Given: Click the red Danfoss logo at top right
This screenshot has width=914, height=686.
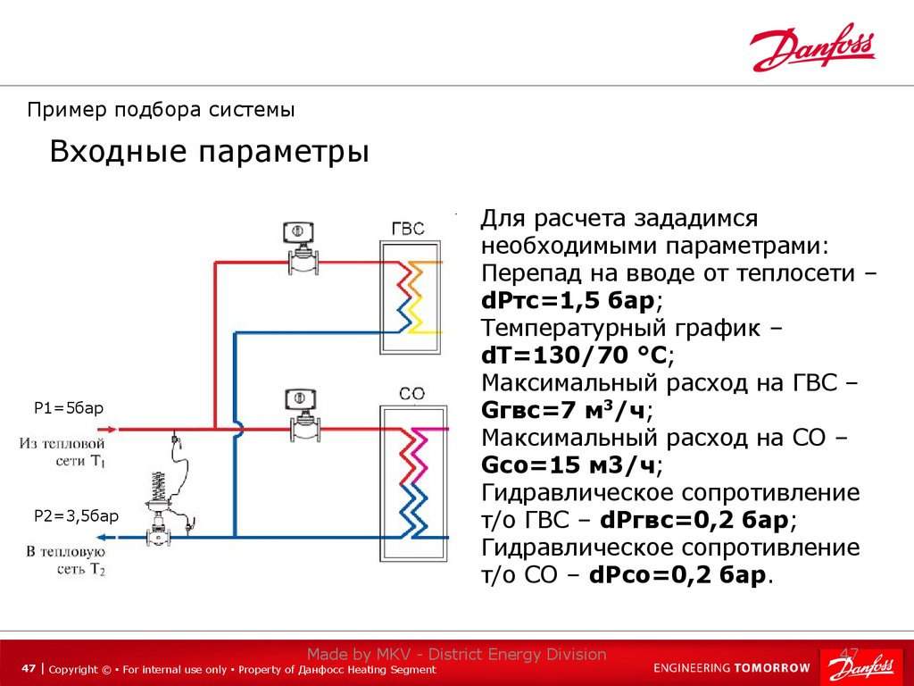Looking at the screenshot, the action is pyautogui.click(x=812, y=48).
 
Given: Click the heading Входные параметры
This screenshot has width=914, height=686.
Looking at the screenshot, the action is pyautogui.click(x=209, y=151).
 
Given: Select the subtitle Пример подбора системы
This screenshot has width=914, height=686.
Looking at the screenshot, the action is pyautogui.click(x=161, y=110).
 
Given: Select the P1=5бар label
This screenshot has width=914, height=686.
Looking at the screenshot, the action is pyautogui.click(x=69, y=408).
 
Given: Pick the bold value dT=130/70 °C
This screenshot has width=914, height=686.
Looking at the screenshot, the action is pyautogui.click(x=575, y=355).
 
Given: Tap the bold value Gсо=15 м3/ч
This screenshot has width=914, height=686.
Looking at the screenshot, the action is pyautogui.click(x=569, y=465).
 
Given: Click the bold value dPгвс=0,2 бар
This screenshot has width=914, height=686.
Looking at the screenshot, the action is pyautogui.click(x=694, y=520).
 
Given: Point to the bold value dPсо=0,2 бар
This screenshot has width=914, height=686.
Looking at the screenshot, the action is pyautogui.click(x=677, y=575).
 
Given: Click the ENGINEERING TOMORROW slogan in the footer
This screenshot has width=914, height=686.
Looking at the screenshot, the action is pyautogui.click(x=732, y=668).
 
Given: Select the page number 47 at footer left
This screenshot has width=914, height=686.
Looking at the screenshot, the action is pyautogui.click(x=29, y=669).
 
